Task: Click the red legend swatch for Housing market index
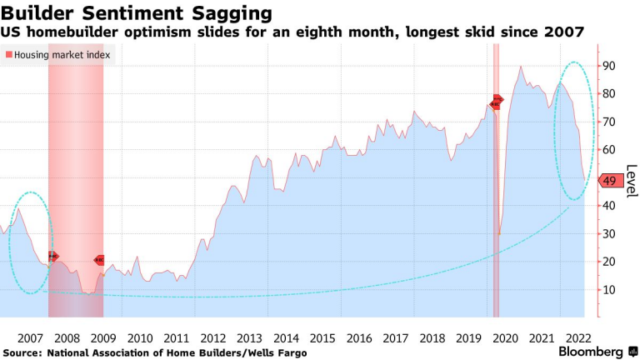pos(9,55)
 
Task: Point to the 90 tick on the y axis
pos(609,66)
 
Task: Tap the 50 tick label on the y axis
pos(609,177)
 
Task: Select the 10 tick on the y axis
pos(609,289)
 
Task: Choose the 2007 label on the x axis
pos(30,337)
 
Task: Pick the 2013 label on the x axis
pos(249,337)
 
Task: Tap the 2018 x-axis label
pos(432,337)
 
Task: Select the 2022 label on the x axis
pos(578,337)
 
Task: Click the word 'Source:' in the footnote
pos(24,353)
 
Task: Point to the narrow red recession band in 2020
pos(496,183)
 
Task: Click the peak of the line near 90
pos(521,67)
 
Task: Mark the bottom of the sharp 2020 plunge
pos(499,235)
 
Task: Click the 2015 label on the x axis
pos(322,337)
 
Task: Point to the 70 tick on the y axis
pos(609,122)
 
